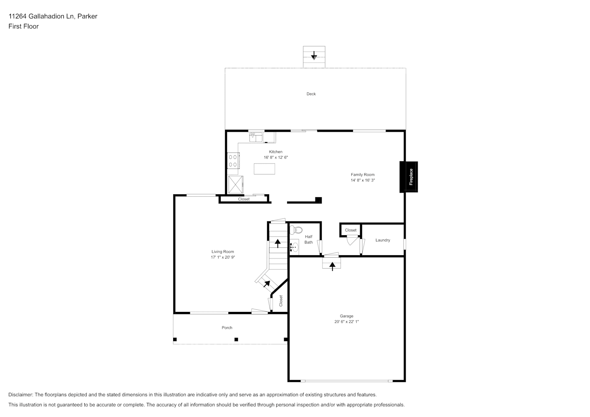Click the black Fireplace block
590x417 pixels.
click(408, 177)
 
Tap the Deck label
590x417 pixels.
click(311, 94)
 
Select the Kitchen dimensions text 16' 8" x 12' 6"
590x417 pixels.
click(276, 158)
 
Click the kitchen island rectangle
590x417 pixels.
click(265, 169)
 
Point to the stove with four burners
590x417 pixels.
click(233, 161)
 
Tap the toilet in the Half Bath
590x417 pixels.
click(296, 230)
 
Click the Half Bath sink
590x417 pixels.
click(294, 247)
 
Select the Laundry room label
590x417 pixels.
click(383, 240)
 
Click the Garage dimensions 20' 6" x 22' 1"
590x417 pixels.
click(346, 322)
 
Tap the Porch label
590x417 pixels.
click(227, 328)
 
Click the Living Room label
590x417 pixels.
click(222, 251)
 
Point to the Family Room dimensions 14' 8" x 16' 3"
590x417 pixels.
click(363, 181)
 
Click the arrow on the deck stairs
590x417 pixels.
click(314, 56)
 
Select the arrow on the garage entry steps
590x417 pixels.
click(332, 266)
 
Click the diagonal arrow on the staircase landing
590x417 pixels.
click(267, 284)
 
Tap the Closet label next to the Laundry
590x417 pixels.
click(350, 230)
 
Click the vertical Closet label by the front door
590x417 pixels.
click(281, 301)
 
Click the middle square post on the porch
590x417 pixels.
click(236, 339)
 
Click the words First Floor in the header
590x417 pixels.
click(23, 26)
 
